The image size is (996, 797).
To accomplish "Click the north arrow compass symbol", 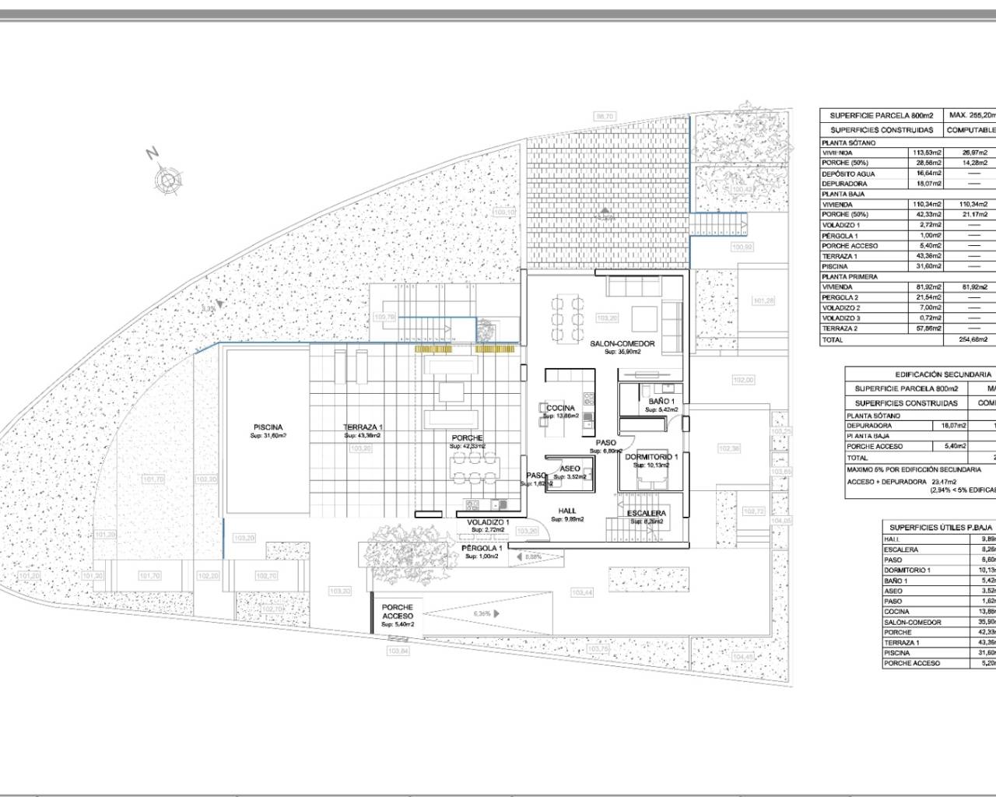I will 167,181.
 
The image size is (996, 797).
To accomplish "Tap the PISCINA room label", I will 268,427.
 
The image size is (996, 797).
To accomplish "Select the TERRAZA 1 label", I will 363,427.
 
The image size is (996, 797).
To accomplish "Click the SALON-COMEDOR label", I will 622,343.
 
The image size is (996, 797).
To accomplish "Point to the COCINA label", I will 560,408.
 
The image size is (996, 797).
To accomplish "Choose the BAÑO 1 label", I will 662,402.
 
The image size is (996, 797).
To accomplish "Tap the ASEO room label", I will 569,469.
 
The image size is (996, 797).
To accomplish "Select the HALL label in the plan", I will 567,511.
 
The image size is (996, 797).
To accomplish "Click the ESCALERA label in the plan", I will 647,513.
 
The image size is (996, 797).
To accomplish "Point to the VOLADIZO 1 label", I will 488,522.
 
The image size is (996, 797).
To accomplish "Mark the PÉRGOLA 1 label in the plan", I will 482,548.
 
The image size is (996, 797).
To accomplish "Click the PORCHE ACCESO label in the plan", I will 398,612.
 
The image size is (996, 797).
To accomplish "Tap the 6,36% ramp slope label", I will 482,613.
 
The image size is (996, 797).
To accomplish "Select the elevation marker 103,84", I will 398,651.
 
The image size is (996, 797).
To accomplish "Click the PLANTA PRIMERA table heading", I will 850,276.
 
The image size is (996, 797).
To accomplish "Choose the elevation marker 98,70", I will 605,117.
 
